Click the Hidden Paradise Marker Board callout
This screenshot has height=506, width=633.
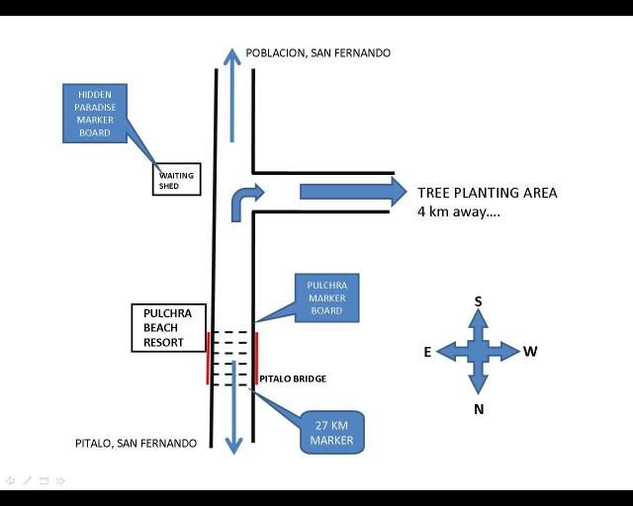95,113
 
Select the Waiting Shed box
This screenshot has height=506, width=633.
177,180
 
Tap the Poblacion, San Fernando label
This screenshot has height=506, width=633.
317,53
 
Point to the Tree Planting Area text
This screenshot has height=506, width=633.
487,193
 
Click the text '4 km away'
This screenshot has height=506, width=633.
458,211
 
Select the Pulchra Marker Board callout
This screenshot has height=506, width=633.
326,297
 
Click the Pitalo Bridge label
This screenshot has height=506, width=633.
293,379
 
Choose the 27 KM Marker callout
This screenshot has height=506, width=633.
332,432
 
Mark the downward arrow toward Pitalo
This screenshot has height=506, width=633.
233,415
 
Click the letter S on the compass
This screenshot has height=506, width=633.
479,301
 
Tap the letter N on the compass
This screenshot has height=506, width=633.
479,408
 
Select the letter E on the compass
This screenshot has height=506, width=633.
427,352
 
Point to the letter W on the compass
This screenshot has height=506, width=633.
531,352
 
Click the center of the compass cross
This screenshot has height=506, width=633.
479,351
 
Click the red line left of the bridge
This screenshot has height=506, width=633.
208,357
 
